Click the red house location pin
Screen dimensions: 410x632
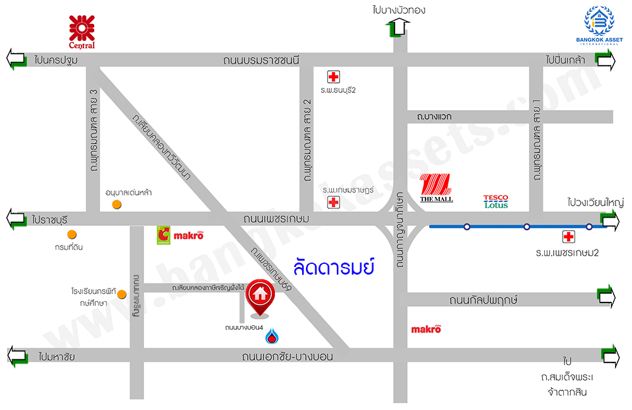tap(259, 296)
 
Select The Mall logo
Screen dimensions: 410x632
tap(437, 188)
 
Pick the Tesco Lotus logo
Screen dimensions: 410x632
tap(496, 202)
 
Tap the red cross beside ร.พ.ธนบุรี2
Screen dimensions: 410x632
tap(332, 77)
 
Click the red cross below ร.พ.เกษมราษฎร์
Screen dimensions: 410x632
tap(332, 202)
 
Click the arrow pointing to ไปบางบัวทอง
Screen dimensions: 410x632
tap(399, 28)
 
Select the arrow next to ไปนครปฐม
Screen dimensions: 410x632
tap(16, 59)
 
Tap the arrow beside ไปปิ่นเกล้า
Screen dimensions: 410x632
tap(605, 60)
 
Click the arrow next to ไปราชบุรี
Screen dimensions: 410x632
tap(16, 220)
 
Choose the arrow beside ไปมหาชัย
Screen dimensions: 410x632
tap(16, 356)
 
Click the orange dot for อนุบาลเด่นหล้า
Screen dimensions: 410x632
tap(116, 204)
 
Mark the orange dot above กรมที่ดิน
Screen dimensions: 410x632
tap(72, 235)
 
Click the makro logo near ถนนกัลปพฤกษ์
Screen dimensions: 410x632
tap(426, 328)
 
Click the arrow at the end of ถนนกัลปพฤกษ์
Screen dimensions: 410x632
tap(607, 296)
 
